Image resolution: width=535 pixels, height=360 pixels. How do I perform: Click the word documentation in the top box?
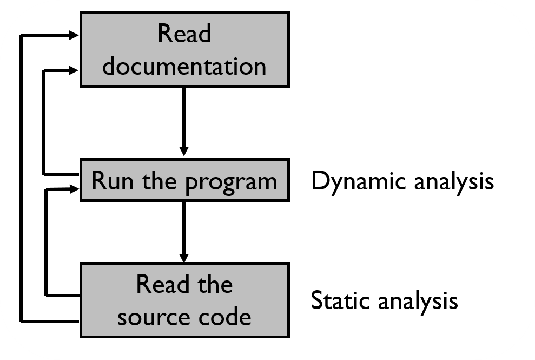(184, 66)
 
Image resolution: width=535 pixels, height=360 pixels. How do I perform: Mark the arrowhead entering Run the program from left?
(74, 188)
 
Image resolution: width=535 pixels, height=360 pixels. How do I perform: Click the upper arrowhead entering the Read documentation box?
(74, 35)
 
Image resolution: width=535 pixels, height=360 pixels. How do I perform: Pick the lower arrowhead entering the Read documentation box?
(74, 69)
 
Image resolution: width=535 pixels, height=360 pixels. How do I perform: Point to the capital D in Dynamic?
(319, 181)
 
